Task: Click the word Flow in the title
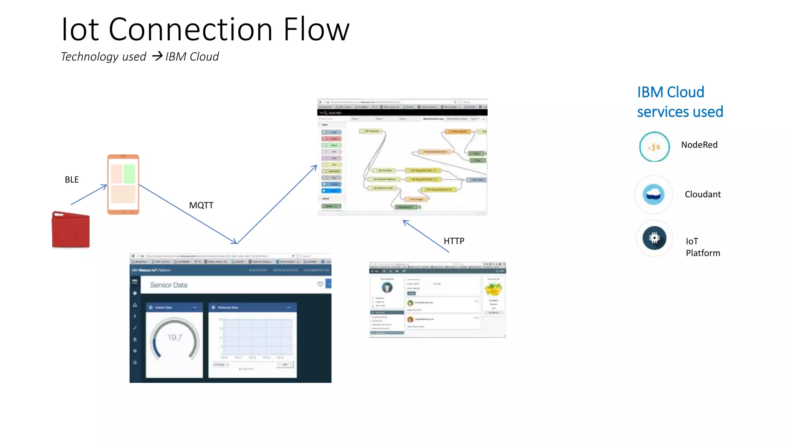(x=316, y=30)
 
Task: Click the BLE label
(x=72, y=180)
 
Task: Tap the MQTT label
(x=201, y=205)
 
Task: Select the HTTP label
(x=454, y=241)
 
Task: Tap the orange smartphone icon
(x=123, y=185)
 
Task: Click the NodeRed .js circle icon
(x=654, y=147)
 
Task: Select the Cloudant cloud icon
(x=654, y=195)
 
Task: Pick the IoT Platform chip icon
(x=654, y=238)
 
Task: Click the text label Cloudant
(x=703, y=195)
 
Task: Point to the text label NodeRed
(x=699, y=145)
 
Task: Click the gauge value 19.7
(x=175, y=338)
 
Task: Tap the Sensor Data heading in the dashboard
(x=168, y=285)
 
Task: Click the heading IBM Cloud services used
(x=680, y=102)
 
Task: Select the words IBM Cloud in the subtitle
(x=192, y=57)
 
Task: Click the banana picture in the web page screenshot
(x=493, y=288)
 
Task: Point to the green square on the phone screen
(x=130, y=173)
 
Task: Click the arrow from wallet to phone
(x=89, y=195)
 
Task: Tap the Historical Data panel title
(x=228, y=307)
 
